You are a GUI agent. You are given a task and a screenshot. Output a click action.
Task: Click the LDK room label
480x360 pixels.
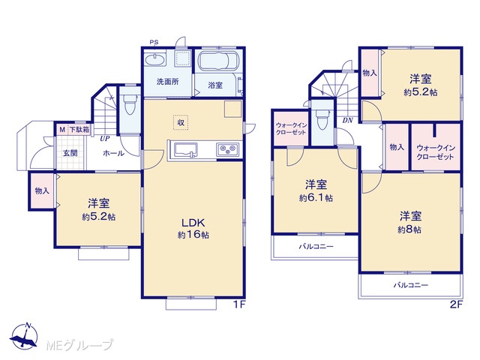point(193,223)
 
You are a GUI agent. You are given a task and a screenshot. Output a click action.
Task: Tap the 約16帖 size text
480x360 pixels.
point(193,235)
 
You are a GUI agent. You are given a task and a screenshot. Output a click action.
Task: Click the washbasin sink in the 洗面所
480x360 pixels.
point(155,59)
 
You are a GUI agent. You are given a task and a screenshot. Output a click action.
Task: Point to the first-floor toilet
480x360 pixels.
point(130,104)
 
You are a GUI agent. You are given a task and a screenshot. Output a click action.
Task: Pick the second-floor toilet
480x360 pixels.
point(322,120)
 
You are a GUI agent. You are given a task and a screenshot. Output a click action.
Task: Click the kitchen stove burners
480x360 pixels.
point(229,150)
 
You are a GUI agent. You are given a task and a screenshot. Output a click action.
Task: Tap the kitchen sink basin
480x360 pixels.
point(186,151)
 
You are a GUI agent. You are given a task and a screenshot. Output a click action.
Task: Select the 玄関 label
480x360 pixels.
point(70,153)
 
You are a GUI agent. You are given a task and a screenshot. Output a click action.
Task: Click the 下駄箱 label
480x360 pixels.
point(79,130)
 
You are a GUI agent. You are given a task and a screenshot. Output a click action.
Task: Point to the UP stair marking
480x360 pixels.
point(105,138)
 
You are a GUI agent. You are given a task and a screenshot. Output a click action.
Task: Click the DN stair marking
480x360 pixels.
point(348,120)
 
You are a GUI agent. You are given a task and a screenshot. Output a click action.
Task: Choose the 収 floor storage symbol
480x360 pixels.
point(181,122)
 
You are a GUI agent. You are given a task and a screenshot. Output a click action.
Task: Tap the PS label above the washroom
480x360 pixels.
point(154,42)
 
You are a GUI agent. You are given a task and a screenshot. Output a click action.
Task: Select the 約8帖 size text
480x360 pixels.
point(409,230)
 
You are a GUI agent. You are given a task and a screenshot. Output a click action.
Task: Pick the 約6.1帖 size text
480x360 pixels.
point(316,198)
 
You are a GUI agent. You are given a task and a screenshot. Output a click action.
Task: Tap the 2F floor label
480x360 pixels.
point(456,305)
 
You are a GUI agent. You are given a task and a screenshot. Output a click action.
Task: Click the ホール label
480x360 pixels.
point(113,153)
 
